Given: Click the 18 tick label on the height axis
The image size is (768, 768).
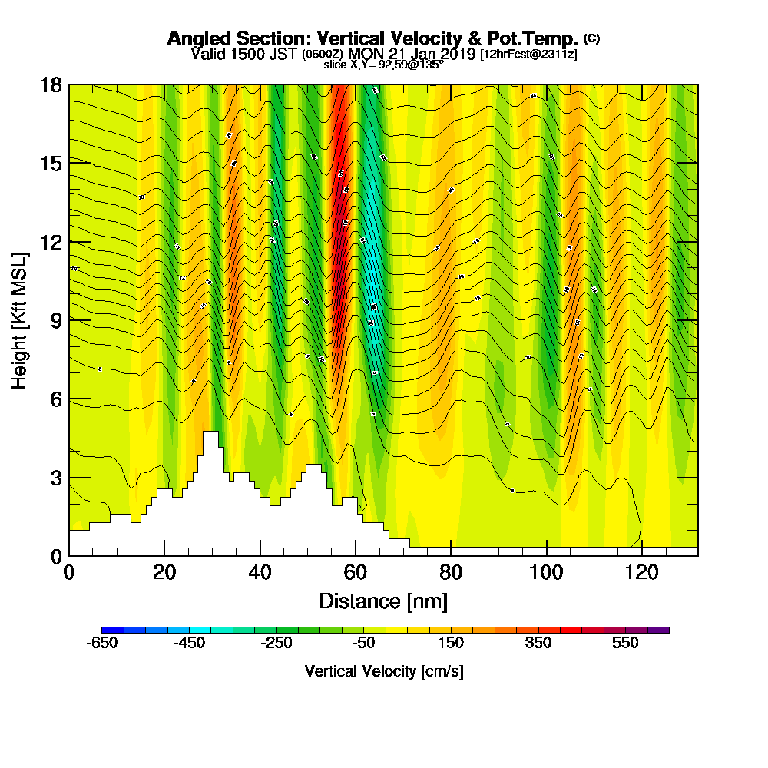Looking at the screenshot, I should (x=51, y=84).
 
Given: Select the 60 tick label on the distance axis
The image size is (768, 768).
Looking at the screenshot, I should (x=355, y=572).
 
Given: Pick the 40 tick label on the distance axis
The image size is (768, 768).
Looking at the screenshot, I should (x=260, y=572).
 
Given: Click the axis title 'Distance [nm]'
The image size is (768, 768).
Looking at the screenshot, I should (x=383, y=601).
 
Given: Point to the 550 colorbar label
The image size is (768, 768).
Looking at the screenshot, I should (x=625, y=644).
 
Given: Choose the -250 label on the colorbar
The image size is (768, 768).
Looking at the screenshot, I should (x=277, y=644).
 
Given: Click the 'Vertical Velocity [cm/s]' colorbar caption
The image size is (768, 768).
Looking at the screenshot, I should (x=383, y=671).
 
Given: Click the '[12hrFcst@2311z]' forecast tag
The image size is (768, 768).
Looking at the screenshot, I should (x=528, y=55).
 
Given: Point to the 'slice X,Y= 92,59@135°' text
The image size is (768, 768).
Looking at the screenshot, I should (x=383, y=65).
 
